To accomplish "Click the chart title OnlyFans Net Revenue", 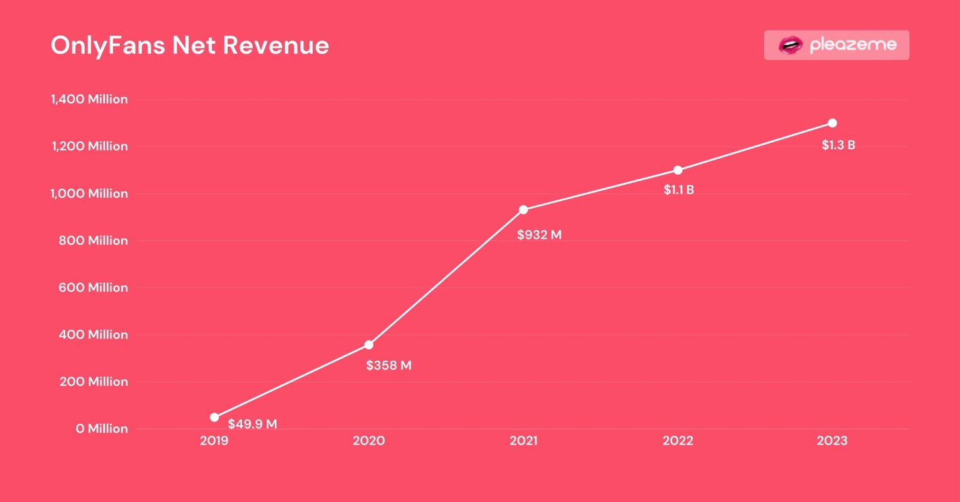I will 189,45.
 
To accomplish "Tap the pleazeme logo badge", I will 836,45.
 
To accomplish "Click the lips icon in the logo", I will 790,45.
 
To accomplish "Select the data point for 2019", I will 214,417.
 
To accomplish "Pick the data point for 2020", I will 369,345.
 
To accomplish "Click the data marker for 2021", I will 524,210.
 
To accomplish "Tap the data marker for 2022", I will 678,170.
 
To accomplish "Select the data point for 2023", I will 832,123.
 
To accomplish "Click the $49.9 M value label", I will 252,424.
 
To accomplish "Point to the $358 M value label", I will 388,366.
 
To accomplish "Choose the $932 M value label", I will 539,235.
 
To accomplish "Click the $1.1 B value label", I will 678,190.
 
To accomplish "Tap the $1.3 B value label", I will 838,145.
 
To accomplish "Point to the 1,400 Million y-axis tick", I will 89,99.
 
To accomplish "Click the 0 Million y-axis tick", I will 102,428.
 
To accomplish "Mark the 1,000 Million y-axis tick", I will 89,193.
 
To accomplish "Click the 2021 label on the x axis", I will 524,441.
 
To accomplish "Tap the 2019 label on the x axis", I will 214,441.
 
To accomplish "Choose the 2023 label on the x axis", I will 832,441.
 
